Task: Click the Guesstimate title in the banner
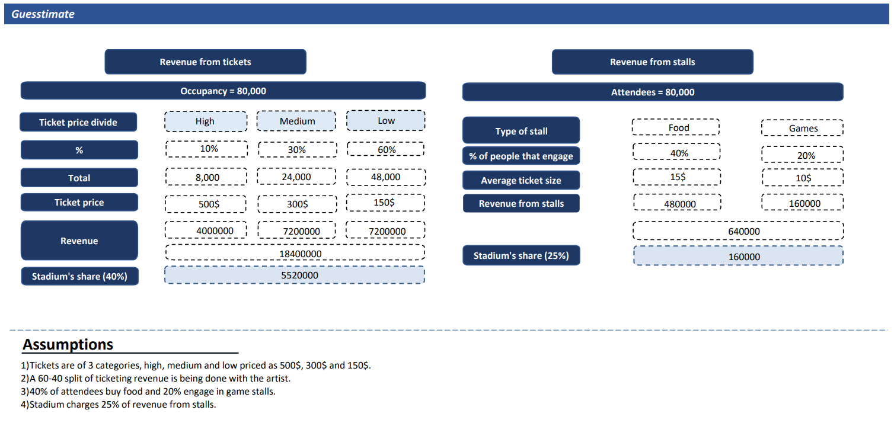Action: click(x=43, y=14)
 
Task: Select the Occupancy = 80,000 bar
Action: click(x=223, y=91)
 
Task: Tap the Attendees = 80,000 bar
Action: click(x=653, y=92)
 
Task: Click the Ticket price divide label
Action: click(x=78, y=122)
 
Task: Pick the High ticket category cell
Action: click(x=206, y=121)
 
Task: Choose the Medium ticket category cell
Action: click(x=296, y=121)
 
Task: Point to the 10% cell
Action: click(x=206, y=149)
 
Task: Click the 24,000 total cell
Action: click(x=296, y=177)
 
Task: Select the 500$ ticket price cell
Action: click(x=206, y=204)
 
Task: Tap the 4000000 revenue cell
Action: click(x=206, y=230)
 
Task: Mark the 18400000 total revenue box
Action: click(x=295, y=252)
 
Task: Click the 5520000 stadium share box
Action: click(x=295, y=275)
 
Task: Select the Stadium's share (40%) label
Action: click(x=80, y=276)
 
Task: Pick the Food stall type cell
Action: click(x=676, y=127)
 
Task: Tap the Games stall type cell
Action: click(x=802, y=127)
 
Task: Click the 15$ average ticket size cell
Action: click(x=677, y=177)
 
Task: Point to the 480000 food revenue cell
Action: click(x=677, y=202)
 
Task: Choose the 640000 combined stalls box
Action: click(x=738, y=230)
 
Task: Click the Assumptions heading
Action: click(x=68, y=344)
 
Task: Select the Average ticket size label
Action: click(x=521, y=180)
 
